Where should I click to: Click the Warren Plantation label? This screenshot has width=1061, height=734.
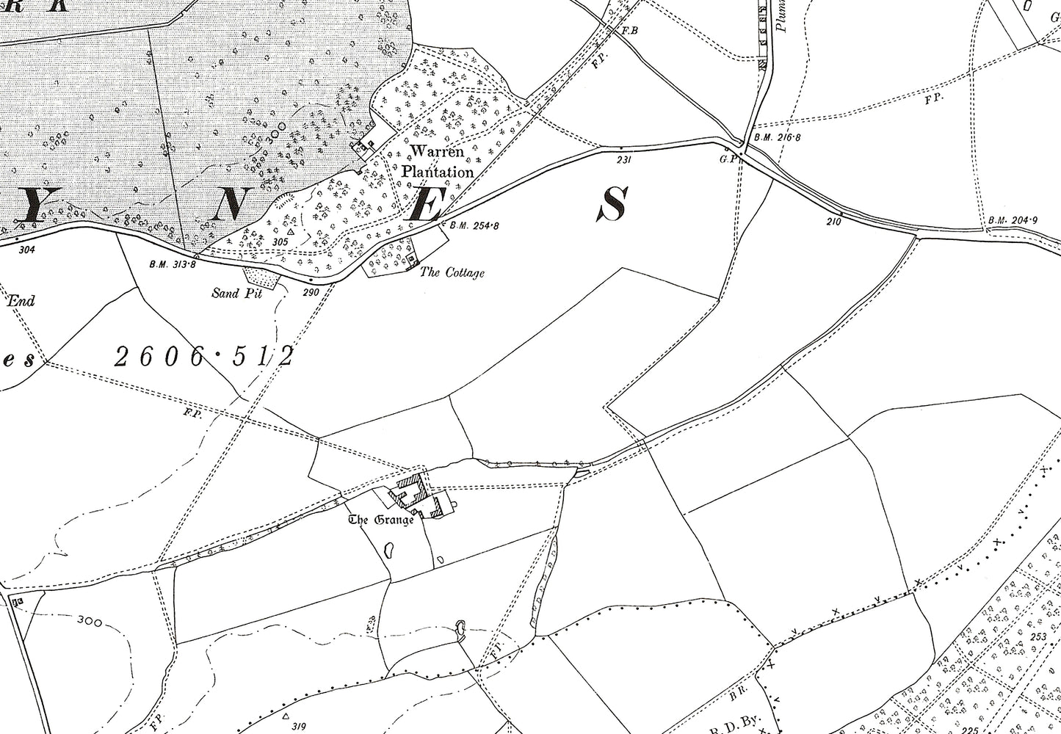(x=437, y=162)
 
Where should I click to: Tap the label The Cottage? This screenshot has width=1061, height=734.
(x=452, y=273)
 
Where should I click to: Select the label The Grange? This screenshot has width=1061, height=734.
(x=381, y=520)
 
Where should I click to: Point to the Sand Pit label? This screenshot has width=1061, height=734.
(x=236, y=294)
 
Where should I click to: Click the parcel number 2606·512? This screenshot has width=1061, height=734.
(x=205, y=357)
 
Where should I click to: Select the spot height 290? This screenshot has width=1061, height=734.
(x=311, y=292)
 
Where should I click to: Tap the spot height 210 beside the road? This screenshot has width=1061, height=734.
(x=833, y=222)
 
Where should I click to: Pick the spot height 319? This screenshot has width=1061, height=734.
(x=297, y=727)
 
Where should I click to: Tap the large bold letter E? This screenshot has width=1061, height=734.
(x=424, y=203)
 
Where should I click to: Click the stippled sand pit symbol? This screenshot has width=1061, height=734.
(x=261, y=275)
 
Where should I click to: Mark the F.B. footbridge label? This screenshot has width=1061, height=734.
(x=629, y=31)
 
